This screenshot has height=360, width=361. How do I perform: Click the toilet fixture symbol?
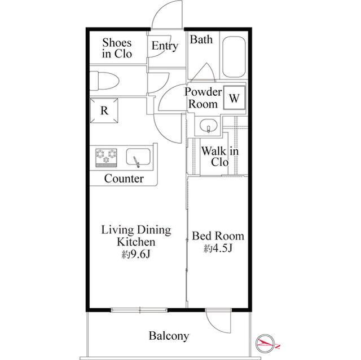(104, 81)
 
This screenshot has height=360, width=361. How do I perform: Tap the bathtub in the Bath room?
(234, 57)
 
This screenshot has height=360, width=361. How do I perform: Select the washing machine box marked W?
(235, 97)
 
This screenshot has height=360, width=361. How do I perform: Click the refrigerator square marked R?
(104, 110)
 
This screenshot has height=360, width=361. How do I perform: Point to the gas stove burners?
(106, 158)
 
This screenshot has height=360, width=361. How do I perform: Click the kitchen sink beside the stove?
(138, 157)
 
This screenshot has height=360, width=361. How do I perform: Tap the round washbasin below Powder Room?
(208, 126)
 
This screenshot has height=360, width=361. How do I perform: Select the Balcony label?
(169, 336)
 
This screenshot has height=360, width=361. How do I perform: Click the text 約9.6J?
(137, 255)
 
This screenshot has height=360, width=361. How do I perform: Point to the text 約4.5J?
(218, 248)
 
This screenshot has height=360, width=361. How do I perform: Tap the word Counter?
(124, 179)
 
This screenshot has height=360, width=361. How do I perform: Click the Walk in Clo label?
(220, 157)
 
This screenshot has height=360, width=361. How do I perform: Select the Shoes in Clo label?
(117, 48)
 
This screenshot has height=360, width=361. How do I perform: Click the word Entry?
(165, 46)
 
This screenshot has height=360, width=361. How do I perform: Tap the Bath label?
(201, 39)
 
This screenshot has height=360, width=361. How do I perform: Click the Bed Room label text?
(218, 236)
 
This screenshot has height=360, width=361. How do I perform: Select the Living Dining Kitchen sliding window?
(139, 310)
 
